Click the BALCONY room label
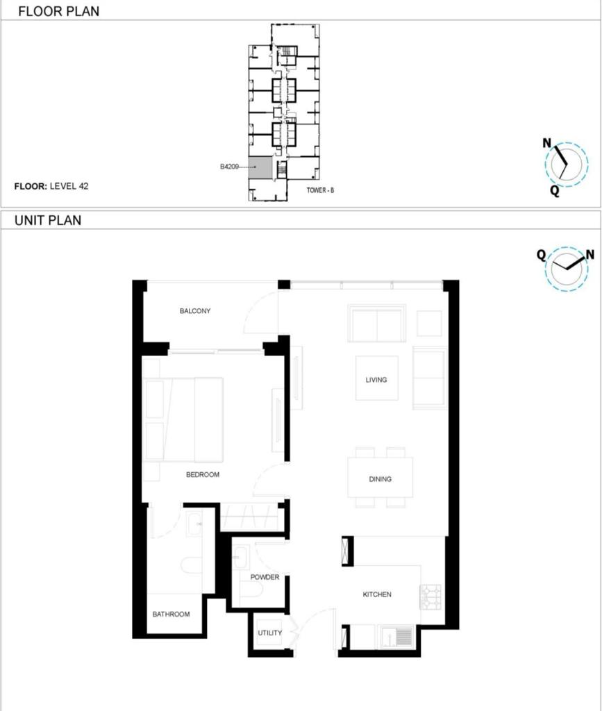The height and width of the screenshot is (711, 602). click(195, 311)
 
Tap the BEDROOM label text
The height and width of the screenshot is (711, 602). click(203, 475)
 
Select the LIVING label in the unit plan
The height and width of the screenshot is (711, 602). click(376, 380)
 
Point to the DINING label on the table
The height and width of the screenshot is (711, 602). click(380, 479)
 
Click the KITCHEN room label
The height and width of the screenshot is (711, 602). click(377, 594)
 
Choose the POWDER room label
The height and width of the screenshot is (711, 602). click(265, 577)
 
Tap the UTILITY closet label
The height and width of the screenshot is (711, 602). click(269, 633)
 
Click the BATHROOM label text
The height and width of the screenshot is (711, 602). click(171, 614)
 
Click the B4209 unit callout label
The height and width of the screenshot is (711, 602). click(229, 167)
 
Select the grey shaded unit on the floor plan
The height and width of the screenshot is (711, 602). click(260, 167)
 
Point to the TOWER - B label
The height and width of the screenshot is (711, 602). click(320, 190)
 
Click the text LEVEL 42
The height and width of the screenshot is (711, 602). click(69, 186)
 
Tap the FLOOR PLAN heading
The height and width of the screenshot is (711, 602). click(58, 11)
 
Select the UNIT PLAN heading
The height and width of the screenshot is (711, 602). click(48, 220)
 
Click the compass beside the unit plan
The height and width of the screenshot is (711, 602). click(567, 269)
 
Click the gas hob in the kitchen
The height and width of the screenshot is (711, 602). click(430, 597)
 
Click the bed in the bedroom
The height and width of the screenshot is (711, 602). click(183, 420)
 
